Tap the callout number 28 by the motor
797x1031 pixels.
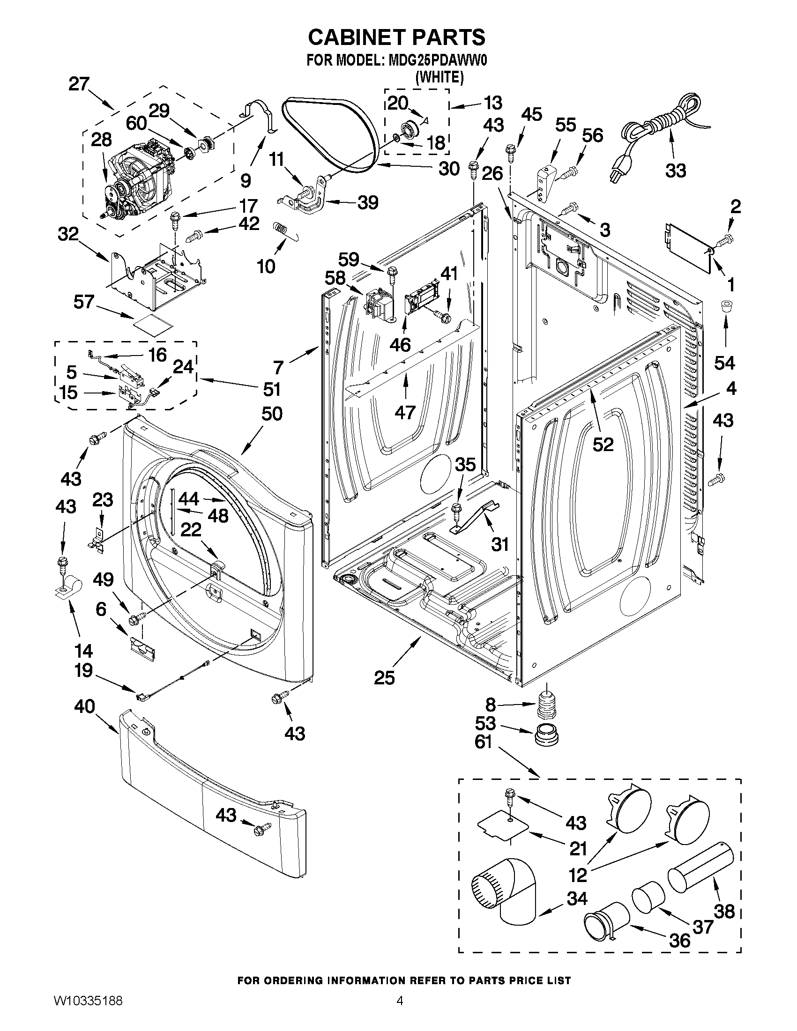[x=101, y=140]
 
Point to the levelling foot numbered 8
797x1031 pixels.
[x=548, y=705]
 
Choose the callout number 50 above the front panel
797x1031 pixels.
[x=271, y=414]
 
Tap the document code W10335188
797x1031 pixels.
[x=88, y=1011]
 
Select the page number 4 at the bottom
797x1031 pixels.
[x=400, y=1011]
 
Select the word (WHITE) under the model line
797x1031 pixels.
[x=439, y=77]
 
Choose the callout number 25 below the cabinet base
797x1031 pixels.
[x=384, y=678]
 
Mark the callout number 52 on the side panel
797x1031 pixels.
[x=603, y=444]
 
